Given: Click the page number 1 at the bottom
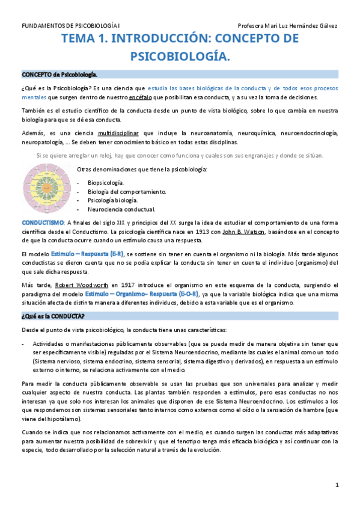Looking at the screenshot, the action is [x=337, y=485].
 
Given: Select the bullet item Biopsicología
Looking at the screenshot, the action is [x=106, y=181].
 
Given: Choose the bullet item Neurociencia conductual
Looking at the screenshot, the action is [x=121, y=209].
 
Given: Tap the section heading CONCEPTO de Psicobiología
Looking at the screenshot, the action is [x=59, y=75].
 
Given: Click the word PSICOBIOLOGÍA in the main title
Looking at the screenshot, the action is [x=180, y=56].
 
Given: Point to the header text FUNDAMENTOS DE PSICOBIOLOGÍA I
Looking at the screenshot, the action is [x=70, y=26].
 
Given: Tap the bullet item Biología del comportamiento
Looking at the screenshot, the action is [x=126, y=191].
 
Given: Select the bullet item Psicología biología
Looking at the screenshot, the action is [x=113, y=200].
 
